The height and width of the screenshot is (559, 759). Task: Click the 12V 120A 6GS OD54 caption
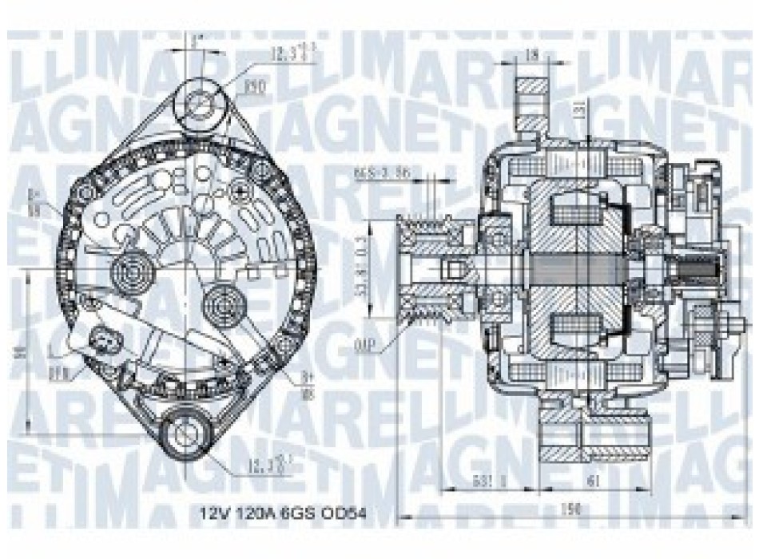(283, 509)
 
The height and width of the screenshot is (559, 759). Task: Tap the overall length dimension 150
(570, 509)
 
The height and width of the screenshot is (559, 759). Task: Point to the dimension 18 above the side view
(532, 56)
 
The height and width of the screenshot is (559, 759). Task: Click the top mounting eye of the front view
(201, 102)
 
